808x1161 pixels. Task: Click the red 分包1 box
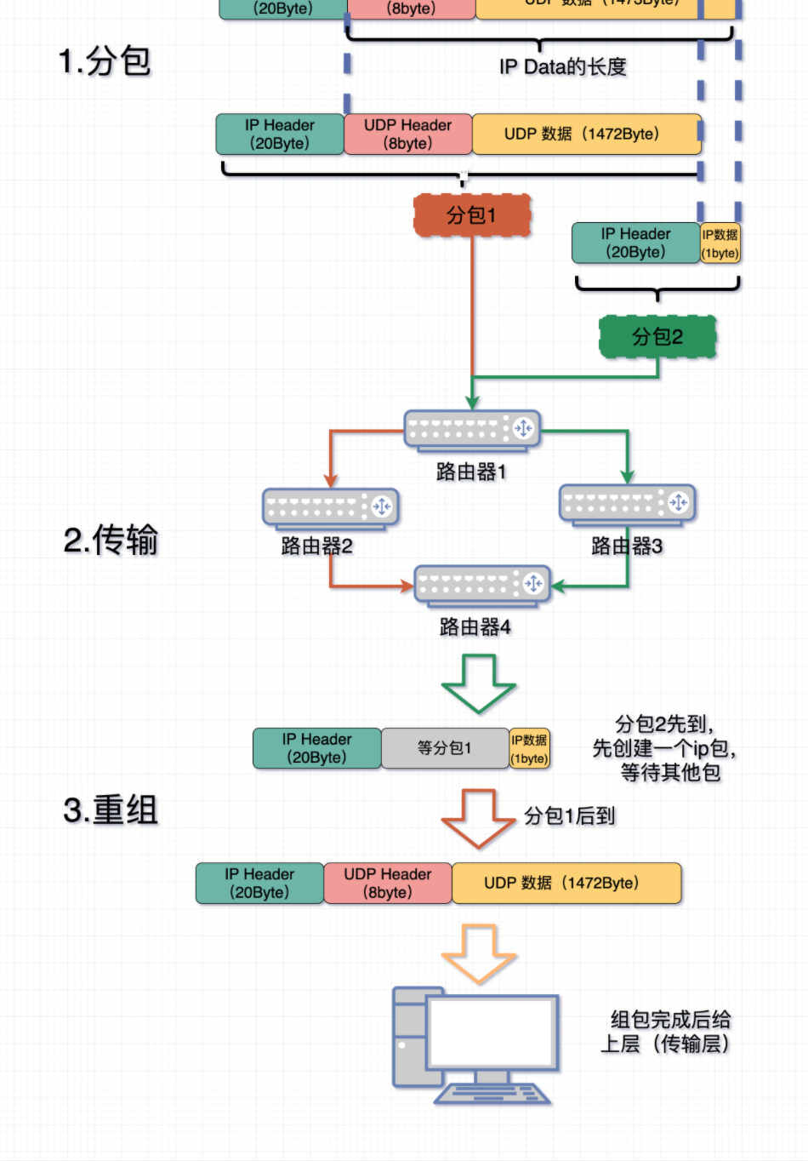[472, 215]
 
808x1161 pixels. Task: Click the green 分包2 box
[657, 337]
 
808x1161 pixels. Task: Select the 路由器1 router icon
[472, 429]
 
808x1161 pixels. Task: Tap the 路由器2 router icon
[330, 507]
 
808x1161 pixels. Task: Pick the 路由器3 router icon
[627, 503]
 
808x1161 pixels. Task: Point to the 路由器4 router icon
[482, 585]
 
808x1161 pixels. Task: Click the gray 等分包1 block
[444, 748]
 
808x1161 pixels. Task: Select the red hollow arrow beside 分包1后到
[478, 818]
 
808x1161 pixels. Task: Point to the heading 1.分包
[105, 61]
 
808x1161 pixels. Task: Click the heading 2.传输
[111, 540]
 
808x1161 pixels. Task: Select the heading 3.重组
[111, 809]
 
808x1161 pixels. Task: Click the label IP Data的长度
[563, 66]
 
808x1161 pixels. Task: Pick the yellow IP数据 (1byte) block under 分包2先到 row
[529, 748]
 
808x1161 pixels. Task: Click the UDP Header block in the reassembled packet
[388, 883]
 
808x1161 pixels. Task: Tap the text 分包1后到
[569, 815]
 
